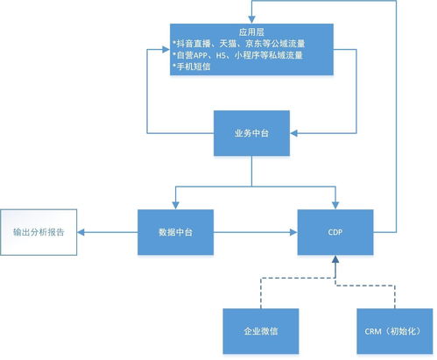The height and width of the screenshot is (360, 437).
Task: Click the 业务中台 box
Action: [x=251, y=133]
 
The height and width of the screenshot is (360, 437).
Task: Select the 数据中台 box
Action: [x=176, y=232]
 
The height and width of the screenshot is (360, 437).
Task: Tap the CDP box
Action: [x=335, y=232]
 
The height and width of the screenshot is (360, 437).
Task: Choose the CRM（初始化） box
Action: [x=393, y=332]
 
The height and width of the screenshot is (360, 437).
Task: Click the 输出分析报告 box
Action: [x=39, y=233]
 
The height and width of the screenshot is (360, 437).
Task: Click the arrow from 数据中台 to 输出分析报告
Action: [x=109, y=233]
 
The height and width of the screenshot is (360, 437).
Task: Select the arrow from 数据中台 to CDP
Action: [x=254, y=233]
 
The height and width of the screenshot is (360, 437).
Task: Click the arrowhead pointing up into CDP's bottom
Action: [x=335, y=260]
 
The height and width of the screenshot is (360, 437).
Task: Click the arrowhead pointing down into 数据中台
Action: [x=176, y=204]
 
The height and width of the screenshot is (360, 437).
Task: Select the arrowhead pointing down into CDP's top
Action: [x=335, y=204]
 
